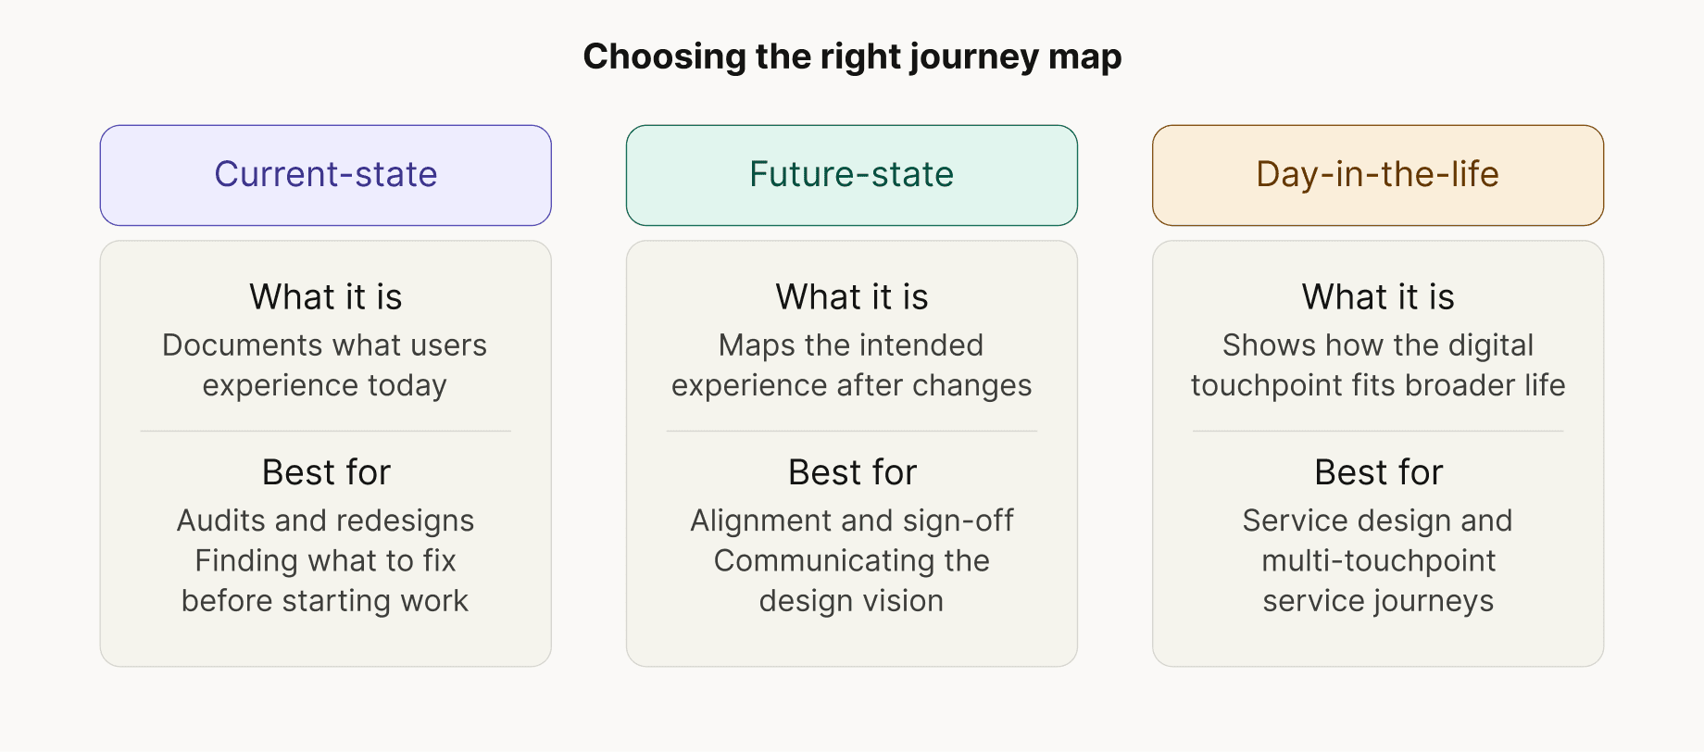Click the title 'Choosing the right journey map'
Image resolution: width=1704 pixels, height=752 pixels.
tap(852, 56)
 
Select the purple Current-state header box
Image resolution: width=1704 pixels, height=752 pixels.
tap(325, 175)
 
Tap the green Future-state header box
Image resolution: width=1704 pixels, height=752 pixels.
tap(851, 175)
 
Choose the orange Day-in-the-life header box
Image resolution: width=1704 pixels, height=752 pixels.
tap(1377, 175)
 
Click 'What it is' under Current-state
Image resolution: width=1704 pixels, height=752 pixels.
tap(325, 297)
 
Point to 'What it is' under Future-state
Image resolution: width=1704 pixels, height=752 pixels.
tap(851, 297)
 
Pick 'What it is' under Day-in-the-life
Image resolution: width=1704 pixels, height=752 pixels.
tap(1377, 297)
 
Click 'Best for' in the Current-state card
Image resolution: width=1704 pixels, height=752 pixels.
tap(325, 472)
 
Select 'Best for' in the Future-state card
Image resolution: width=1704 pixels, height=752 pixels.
tap(851, 472)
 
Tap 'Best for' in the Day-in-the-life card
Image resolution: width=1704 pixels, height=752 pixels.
tap(1377, 472)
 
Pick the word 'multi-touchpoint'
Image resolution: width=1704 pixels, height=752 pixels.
tap(1378, 561)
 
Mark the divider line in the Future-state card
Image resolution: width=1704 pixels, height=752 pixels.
tap(851, 431)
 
